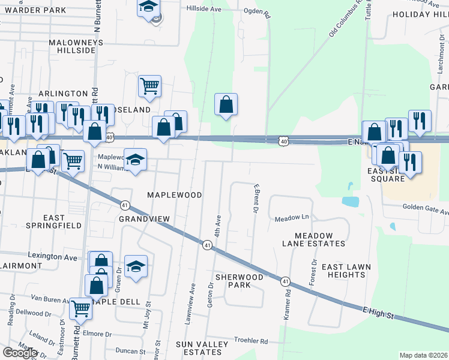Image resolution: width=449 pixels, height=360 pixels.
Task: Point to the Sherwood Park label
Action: [x=239, y=281]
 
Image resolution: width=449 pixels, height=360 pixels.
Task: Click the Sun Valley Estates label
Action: [x=202, y=348]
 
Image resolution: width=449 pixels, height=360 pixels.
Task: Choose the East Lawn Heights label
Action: [x=346, y=271]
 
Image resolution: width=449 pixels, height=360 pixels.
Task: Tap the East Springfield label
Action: [x=54, y=221]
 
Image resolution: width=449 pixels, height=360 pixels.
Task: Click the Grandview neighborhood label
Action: [x=144, y=219]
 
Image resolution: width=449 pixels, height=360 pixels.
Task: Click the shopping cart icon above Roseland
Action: [x=149, y=85]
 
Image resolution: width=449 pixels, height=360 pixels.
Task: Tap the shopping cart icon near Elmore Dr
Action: [x=81, y=308]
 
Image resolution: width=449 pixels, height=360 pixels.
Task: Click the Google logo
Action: [x=20, y=353]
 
